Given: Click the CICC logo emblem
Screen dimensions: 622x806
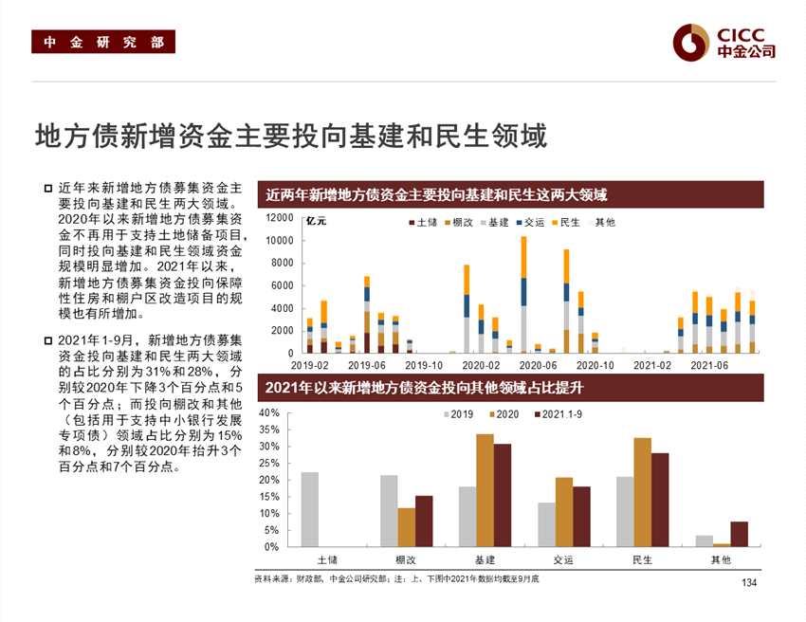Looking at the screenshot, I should (690, 41).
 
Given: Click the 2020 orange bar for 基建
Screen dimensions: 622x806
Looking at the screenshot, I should (485, 490).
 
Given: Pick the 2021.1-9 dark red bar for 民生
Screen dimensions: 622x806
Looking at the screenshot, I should (660, 500).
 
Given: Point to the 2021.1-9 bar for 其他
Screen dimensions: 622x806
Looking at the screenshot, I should (739, 534).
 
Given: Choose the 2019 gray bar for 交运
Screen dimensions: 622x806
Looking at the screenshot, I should (546, 524).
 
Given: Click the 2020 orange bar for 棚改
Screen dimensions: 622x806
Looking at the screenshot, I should (406, 527).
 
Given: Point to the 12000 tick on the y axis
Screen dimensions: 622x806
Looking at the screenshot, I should (280, 218).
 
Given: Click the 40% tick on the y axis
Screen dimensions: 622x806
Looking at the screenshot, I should (268, 413).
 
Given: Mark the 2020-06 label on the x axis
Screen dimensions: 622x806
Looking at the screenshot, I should (538, 364).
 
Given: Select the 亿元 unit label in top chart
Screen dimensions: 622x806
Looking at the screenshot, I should (317, 222).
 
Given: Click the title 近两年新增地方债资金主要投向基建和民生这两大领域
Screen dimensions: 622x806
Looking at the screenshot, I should (436, 195).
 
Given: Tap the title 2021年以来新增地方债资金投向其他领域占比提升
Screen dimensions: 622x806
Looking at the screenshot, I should (436, 388).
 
